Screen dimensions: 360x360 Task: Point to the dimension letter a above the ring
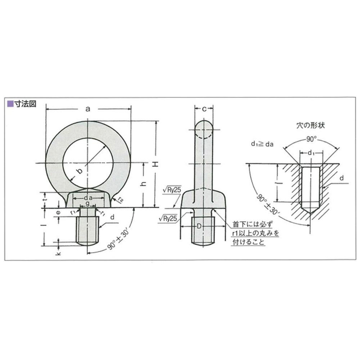click(x=88, y=109)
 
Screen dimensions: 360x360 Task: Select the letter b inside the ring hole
click(x=79, y=171)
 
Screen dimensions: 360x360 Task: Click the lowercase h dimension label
click(x=144, y=184)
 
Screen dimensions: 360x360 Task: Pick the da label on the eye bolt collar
click(x=88, y=198)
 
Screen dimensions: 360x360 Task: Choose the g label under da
click(x=87, y=203)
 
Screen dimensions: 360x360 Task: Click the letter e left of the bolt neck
click(x=58, y=213)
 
